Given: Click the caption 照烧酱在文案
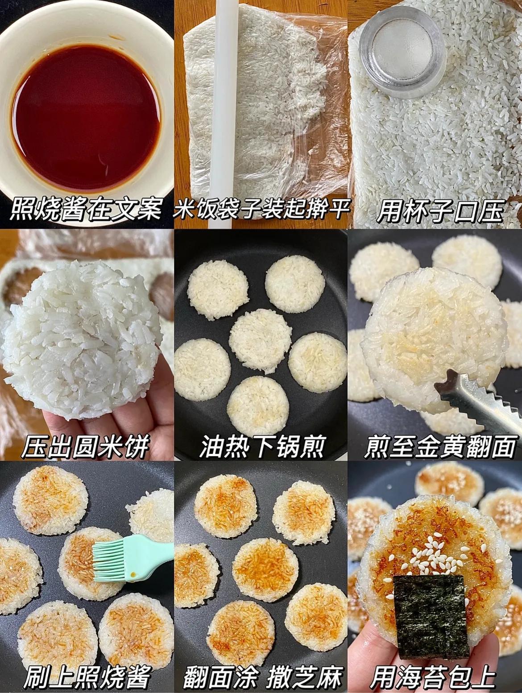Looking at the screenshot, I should pyautogui.click(x=85, y=210).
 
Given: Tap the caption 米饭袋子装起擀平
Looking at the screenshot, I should pyautogui.click(x=261, y=210).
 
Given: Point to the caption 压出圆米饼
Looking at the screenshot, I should pyautogui.click(x=85, y=446).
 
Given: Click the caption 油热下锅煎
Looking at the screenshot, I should pyautogui.click(x=261, y=446).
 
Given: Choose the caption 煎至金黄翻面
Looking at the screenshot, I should pyautogui.click(x=439, y=446).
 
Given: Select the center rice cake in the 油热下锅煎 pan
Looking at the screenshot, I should pyautogui.click(x=259, y=341).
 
